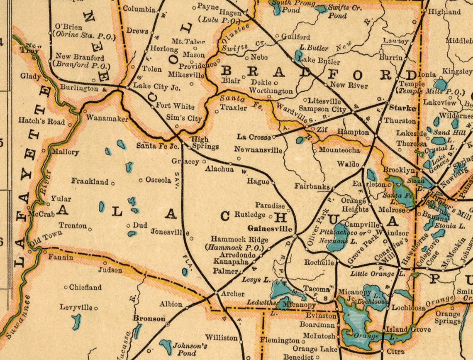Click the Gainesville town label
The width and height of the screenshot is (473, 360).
click(x=270, y=229)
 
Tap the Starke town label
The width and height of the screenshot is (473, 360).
click(x=402, y=108)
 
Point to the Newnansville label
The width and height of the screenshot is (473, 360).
click(x=258, y=149)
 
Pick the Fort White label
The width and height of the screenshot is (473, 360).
click(x=175, y=106)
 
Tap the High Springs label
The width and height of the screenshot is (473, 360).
click(x=204, y=143)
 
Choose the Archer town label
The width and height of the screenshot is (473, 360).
click(x=232, y=294)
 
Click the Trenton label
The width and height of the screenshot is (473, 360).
click(x=73, y=225)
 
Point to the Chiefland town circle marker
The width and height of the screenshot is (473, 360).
click(x=66, y=287)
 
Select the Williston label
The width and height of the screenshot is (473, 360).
click(x=222, y=338)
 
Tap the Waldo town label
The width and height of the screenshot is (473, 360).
click(x=348, y=164)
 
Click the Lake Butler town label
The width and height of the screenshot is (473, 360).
click(x=319, y=61)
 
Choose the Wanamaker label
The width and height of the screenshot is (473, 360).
click(x=107, y=118)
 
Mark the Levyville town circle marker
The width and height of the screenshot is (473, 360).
click(x=96, y=308)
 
